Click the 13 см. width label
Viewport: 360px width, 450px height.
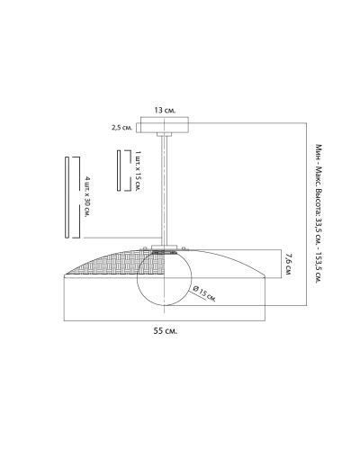(165, 111)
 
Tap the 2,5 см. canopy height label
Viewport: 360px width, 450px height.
(121, 128)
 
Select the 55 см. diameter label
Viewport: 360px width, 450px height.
(166, 331)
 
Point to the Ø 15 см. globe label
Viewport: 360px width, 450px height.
(205, 293)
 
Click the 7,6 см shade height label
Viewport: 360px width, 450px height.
(288, 265)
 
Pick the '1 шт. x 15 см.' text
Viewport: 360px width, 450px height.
(138, 171)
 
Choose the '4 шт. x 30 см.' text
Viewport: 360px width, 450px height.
(87, 197)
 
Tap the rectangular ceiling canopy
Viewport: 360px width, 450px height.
(165, 125)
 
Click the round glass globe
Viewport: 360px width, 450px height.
(164, 278)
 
